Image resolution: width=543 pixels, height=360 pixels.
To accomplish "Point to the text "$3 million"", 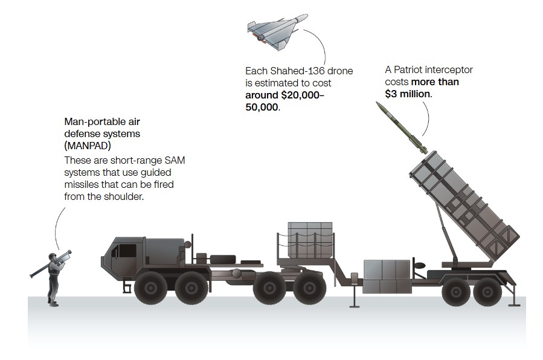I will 409,94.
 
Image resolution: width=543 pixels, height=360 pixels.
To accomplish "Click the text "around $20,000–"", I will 285,95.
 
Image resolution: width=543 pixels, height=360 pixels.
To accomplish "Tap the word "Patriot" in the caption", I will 412,70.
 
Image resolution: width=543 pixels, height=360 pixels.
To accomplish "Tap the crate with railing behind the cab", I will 310,239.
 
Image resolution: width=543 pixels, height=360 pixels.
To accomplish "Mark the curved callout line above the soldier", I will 58,223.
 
